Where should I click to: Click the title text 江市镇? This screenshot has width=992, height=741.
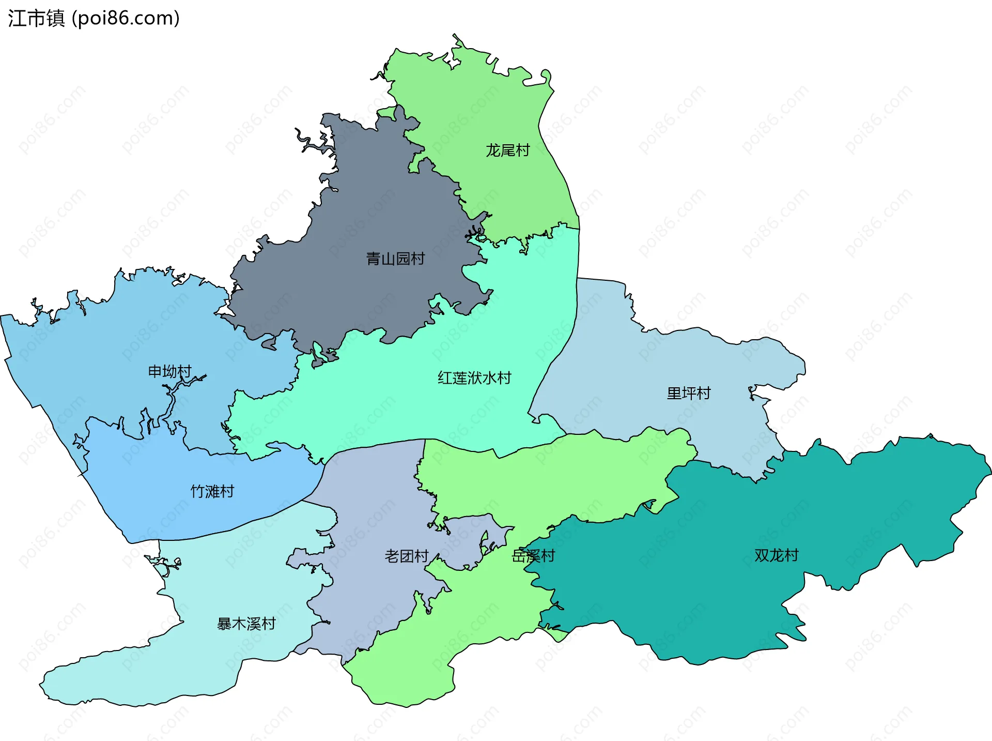36,19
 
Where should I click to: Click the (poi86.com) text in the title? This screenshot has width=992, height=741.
126,19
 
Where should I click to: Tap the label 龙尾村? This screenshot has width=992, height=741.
507,150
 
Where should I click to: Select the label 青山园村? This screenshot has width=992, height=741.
395,259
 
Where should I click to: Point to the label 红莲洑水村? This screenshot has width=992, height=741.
474,378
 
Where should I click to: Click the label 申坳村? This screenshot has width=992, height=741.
170,371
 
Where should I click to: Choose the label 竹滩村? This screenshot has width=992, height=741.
212,491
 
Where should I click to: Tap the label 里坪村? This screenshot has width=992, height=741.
689,394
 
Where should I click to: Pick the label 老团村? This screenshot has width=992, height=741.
407,556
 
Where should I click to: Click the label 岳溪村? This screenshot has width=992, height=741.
533,556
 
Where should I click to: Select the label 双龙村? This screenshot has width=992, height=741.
776,555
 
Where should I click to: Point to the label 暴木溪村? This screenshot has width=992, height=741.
246,624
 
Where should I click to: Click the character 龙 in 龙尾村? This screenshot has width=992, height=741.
493,150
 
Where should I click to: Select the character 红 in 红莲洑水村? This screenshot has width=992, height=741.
445,378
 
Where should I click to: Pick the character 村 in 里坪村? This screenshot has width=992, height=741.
704,394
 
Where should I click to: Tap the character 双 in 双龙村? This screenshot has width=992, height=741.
762,555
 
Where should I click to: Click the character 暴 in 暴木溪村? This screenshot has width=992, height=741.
224,624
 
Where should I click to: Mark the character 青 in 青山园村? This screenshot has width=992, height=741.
373,259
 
